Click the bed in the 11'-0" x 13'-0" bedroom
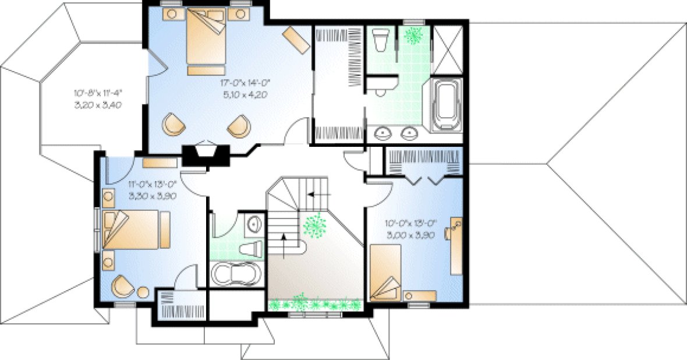(134, 230)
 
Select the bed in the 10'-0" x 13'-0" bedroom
(385, 272)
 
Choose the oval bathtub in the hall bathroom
(233, 274)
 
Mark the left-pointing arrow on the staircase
(318, 194)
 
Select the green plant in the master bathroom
(415, 35)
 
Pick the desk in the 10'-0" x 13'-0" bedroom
(456, 245)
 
